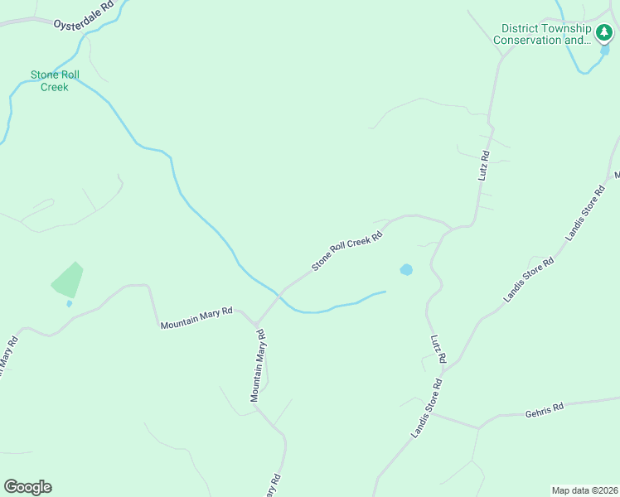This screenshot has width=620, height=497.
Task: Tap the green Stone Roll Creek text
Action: click(x=54, y=80)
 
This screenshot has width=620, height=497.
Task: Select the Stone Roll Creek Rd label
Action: click(x=346, y=251)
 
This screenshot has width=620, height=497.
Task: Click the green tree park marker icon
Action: click(x=603, y=33)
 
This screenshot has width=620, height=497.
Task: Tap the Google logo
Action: click(x=27, y=487)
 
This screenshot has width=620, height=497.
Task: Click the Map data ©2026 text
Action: click(x=584, y=490)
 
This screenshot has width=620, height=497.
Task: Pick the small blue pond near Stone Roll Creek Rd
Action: click(x=406, y=270)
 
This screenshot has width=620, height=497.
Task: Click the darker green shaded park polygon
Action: click(x=68, y=280)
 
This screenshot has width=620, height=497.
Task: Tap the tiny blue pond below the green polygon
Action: click(x=69, y=303)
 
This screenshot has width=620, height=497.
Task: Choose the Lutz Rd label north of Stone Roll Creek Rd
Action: click(x=484, y=166)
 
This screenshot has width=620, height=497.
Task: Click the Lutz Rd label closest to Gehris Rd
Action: click(x=438, y=348)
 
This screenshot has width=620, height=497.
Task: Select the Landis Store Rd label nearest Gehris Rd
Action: click(x=427, y=408)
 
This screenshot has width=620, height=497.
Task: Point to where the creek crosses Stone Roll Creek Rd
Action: click(x=280, y=294)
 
